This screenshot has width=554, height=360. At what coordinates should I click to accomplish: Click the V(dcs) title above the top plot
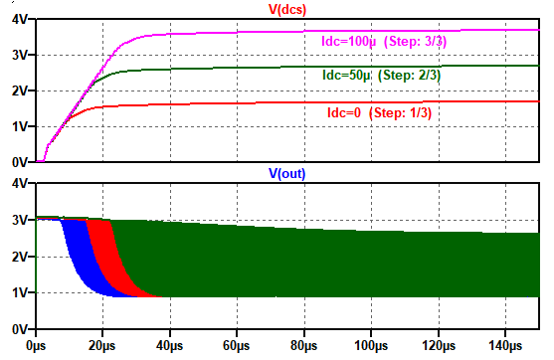point(287,9)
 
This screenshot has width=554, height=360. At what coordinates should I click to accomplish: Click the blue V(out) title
point(286,173)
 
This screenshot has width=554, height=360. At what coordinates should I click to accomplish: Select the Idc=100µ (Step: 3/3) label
point(384,42)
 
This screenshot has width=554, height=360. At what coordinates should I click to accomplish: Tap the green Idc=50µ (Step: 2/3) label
point(382,75)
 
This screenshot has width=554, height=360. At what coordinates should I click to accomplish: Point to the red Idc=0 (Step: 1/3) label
point(380,112)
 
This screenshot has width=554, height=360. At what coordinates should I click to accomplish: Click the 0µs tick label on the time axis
point(36,345)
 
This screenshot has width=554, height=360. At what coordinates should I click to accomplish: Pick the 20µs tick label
point(102,345)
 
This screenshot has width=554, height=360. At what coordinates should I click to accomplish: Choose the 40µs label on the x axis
point(170,345)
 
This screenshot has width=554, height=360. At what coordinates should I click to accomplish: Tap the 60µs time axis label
point(237,345)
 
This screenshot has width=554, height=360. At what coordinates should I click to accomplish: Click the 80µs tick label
point(303,345)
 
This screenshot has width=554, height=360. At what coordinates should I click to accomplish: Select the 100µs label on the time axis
point(371,345)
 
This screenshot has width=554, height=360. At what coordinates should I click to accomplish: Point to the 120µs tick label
point(439,345)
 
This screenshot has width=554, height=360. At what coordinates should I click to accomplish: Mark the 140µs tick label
point(505,345)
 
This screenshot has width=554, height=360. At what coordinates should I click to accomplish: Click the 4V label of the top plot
point(20,20)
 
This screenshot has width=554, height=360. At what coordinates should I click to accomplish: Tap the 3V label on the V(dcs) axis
point(20,55)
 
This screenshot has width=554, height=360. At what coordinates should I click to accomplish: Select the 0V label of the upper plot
point(20,162)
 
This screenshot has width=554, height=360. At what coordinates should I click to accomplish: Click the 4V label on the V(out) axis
point(20,183)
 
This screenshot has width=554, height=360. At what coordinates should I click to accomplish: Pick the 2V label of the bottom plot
point(20,257)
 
